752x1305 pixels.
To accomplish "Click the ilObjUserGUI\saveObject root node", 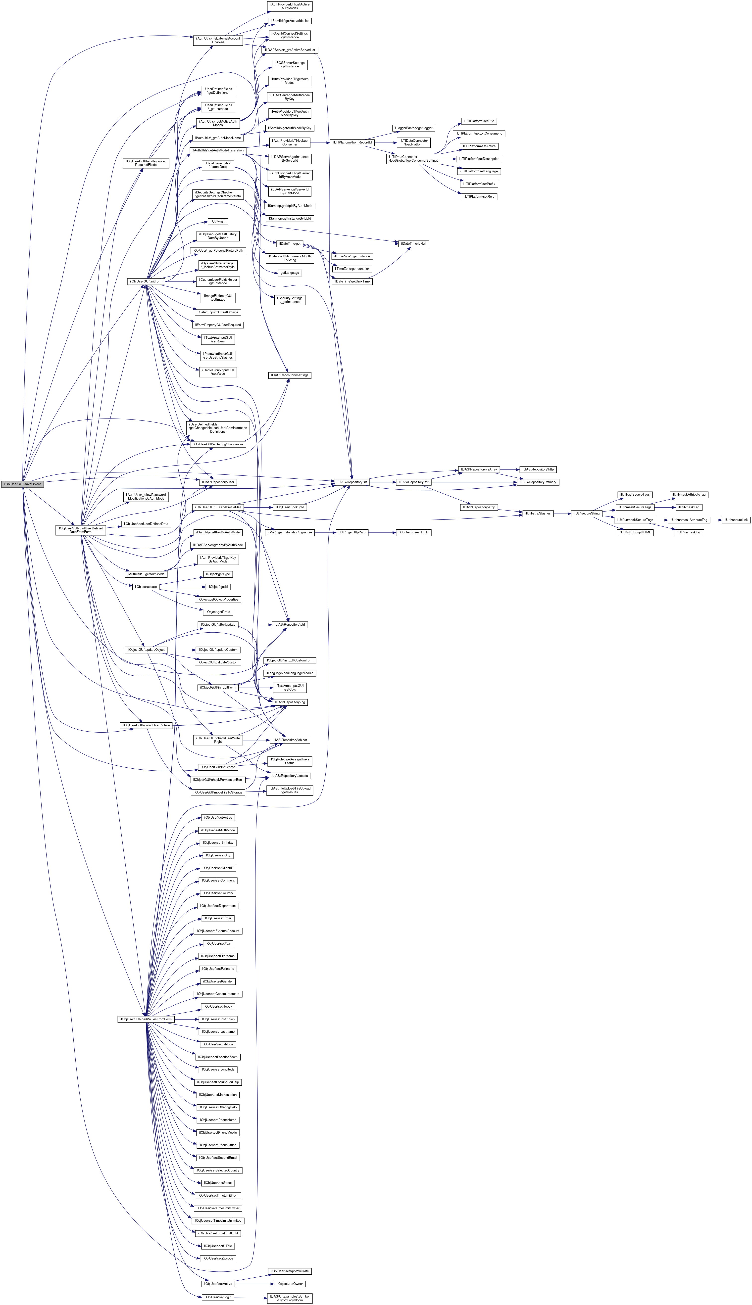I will pos(22,484).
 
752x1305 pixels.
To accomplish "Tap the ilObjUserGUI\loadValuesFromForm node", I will pos(146,1019).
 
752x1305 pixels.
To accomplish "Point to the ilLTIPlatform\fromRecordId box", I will pos(352,142).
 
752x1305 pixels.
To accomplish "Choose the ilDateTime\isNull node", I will pos(413,243).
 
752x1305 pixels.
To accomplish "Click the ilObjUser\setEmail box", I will pos(217,918).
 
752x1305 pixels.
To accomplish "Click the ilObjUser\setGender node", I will pos(217,981).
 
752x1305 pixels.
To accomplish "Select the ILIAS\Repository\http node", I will pos(538,469).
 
